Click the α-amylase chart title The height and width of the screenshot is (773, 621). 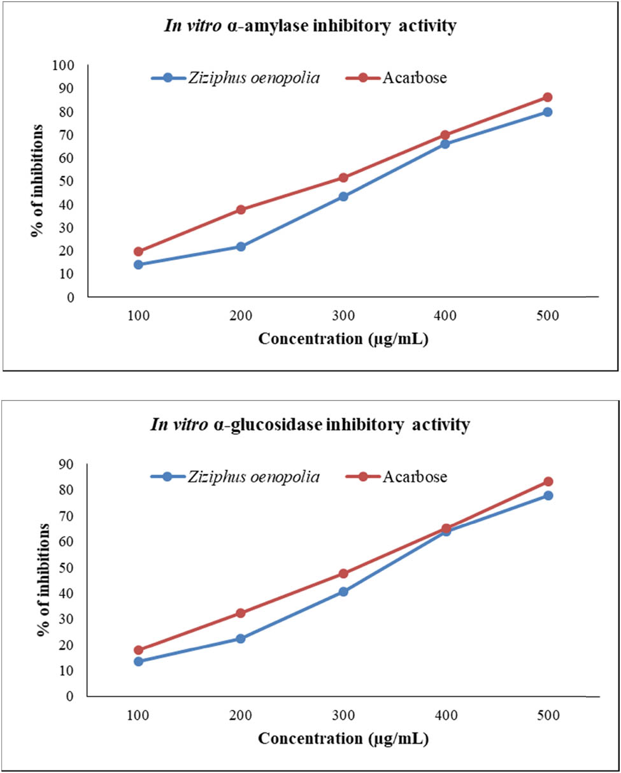point(310,26)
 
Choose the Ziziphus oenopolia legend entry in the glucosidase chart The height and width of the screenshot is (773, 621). point(235,476)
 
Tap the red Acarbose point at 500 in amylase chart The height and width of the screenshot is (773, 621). point(547,98)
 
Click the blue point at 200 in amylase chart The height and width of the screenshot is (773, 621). point(241,247)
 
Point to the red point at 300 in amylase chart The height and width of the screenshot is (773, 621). point(343,178)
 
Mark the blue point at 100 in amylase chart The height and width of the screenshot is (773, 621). point(138,264)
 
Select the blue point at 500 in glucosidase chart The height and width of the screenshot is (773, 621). point(547,495)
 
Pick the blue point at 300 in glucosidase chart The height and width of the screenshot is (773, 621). point(343,591)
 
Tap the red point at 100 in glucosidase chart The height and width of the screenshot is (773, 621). point(138,650)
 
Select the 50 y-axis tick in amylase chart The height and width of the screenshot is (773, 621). point(68,181)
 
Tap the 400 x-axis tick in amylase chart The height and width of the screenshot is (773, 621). point(445,316)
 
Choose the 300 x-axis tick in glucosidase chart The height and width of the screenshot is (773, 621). point(343,716)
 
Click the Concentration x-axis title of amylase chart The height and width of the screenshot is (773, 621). point(343,338)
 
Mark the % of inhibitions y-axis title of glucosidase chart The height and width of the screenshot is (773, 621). point(42,579)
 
